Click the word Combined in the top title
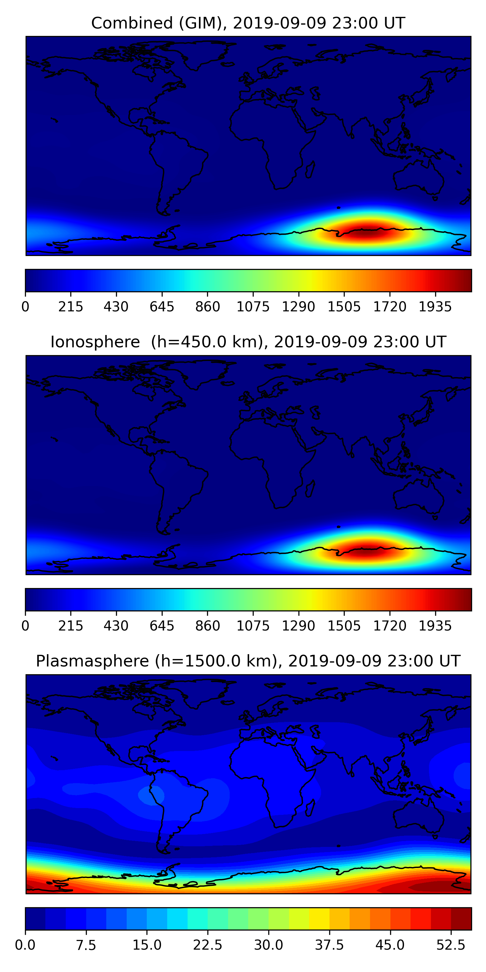pyautogui.click(x=132, y=23)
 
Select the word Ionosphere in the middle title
pyautogui.click(x=95, y=342)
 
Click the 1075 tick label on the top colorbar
pyautogui.click(x=253, y=307)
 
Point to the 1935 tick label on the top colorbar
pyautogui.click(x=435, y=307)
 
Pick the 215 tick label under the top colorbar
pyautogui.click(x=71, y=307)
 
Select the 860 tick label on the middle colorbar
pyautogui.click(x=208, y=626)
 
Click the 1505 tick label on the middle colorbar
pyautogui.click(x=344, y=626)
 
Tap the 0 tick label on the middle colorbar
pyautogui.click(x=25, y=626)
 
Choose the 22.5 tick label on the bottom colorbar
pyautogui.click(x=208, y=945)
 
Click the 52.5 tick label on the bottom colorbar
pyautogui.click(x=451, y=945)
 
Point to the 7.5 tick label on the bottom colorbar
pyautogui.click(x=86, y=945)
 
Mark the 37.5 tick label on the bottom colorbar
pyautogui.click(x=330, y=945)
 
